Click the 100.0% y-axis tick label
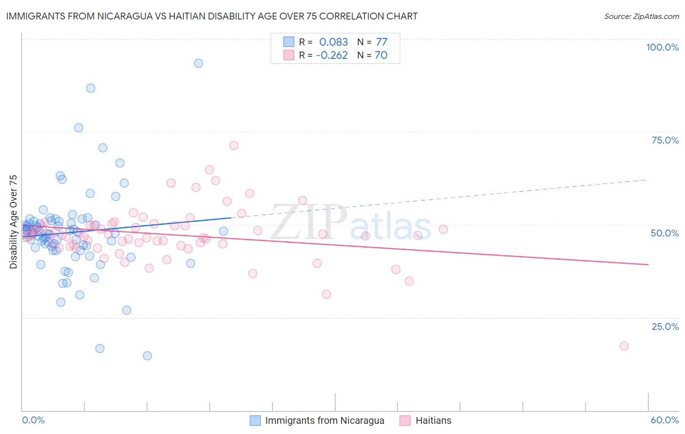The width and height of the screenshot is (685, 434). pyautogui.click(x=662, y=47)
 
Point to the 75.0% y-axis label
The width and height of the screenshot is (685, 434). pyautogui.click(x=665, y=140)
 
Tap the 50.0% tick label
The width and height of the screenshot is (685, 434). pyautogui.click(x=665, y=233)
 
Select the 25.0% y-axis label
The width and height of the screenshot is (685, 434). pyautogui.click(x=665, y=326)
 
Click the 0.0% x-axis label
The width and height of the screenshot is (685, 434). pyautogui.click(x=33, y=420)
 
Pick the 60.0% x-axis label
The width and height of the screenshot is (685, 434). pyautogui.click(x=665, y=420)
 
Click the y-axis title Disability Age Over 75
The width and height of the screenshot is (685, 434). pyautogui.click(x=14, y=222)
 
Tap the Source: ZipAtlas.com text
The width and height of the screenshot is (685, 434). pyautogui.click(x=641, y=16)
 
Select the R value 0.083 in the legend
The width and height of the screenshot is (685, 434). pyautogui.click(x=333, y=42)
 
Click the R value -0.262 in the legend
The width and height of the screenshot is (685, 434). pyautogui.click(x=332, y=55)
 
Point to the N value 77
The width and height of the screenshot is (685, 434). pyautogui.click(x=381, y=42)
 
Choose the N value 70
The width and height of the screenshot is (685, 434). pyautogui.click(x=381, y=55)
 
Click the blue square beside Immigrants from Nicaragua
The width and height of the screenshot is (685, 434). pyautogui.click(x=255, y=420)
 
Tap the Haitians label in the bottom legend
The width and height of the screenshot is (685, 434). pyautogui.click(x=433, y=420)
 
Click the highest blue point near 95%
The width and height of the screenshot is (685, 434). pyautogui.click(x=198, y=63)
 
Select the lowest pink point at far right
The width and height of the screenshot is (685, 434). pyautogui.click(x=624, y=346)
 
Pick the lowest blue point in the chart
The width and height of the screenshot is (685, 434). pyautogui.click(x=147, y=356)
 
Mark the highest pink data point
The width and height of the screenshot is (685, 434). pyautogui.click(x=234, y=145)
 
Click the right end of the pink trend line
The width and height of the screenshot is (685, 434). pyautogui.click(x=648, y=264)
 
